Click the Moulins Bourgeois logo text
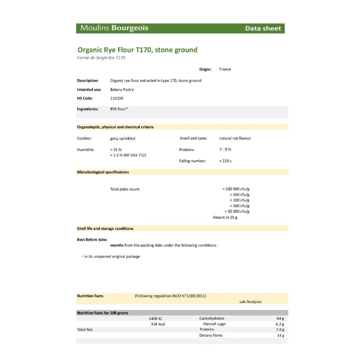(114, 28)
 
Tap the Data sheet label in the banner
(263, 29)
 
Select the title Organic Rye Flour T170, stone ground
(137, 50)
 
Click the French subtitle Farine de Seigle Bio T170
(101, 58)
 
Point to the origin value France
(225, 69)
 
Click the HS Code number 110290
(117, 98)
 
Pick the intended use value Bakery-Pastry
(122, 90)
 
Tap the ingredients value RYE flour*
(119, 109)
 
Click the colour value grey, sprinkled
(123, 138)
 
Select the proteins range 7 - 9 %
(225, 150)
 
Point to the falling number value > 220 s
(225, 161)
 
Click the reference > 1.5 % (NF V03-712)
(128, 155)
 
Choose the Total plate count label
(125, 189)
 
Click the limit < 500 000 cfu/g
(236, 189)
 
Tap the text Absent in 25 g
(225, 217)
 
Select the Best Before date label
(92, 240)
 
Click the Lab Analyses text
(250, 302)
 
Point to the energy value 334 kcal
(158, 324)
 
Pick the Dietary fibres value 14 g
(280, 335)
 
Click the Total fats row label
(85, 330)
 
